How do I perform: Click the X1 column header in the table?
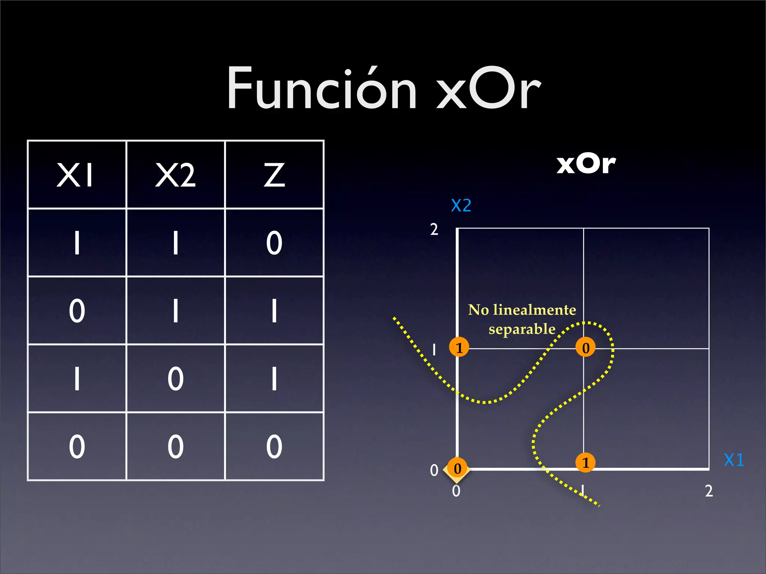pos(76,175)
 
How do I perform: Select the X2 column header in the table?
pos(175,175)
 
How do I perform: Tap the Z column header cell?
pos(274,175)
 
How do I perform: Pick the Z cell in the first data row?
pos(274,243)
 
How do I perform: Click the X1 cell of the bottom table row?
pos(77,447)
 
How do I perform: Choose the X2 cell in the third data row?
pos(175,379)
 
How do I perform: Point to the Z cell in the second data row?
pos(274,311)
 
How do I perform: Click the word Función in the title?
pos(322,89)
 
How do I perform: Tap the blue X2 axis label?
pos(461,206)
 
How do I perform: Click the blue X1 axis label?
pos(734,460)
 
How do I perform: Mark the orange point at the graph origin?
pos(457,468)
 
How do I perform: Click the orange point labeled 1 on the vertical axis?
pos(459,347)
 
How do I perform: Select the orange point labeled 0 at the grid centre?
pos(585,347)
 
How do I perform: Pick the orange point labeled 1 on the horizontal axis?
pos(585,463)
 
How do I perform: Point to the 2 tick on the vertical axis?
pos(434,229)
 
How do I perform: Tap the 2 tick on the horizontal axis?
pos(709,491)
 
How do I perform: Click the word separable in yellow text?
pos(522,329)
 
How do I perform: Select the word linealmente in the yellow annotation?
pos(534,310)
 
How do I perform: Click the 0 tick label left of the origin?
pos(434,470)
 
